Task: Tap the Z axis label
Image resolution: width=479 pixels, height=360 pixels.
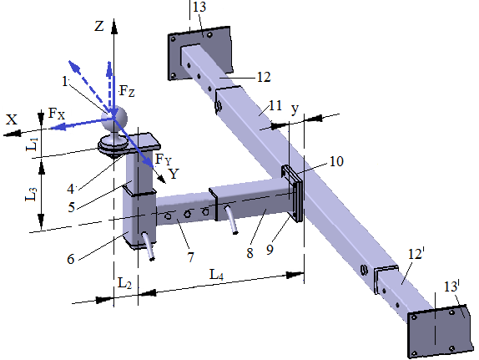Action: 99,26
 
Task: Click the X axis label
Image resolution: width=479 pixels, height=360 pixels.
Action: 12,119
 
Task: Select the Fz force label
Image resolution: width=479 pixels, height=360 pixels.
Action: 127,91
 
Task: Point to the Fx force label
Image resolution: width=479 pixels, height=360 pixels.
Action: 57,114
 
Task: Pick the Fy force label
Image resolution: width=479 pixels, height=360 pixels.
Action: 164,160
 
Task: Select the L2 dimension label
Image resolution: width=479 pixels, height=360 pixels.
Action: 124,283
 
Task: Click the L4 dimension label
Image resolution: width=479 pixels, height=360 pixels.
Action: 216,275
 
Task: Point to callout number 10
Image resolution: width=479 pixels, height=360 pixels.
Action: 336,161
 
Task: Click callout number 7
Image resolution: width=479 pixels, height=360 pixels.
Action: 190,257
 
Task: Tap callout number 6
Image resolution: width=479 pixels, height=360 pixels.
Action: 71,259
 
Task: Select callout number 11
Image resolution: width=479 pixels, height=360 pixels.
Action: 275,105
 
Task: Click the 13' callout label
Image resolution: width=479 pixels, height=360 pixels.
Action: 451,286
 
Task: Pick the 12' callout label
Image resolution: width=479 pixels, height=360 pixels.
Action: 416,254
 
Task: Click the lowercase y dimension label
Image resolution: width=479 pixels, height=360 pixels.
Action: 295,109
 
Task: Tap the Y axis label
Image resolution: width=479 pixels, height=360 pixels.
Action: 174,174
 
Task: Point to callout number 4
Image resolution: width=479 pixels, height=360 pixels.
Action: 71,189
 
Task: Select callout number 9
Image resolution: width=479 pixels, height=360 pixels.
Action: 270,250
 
